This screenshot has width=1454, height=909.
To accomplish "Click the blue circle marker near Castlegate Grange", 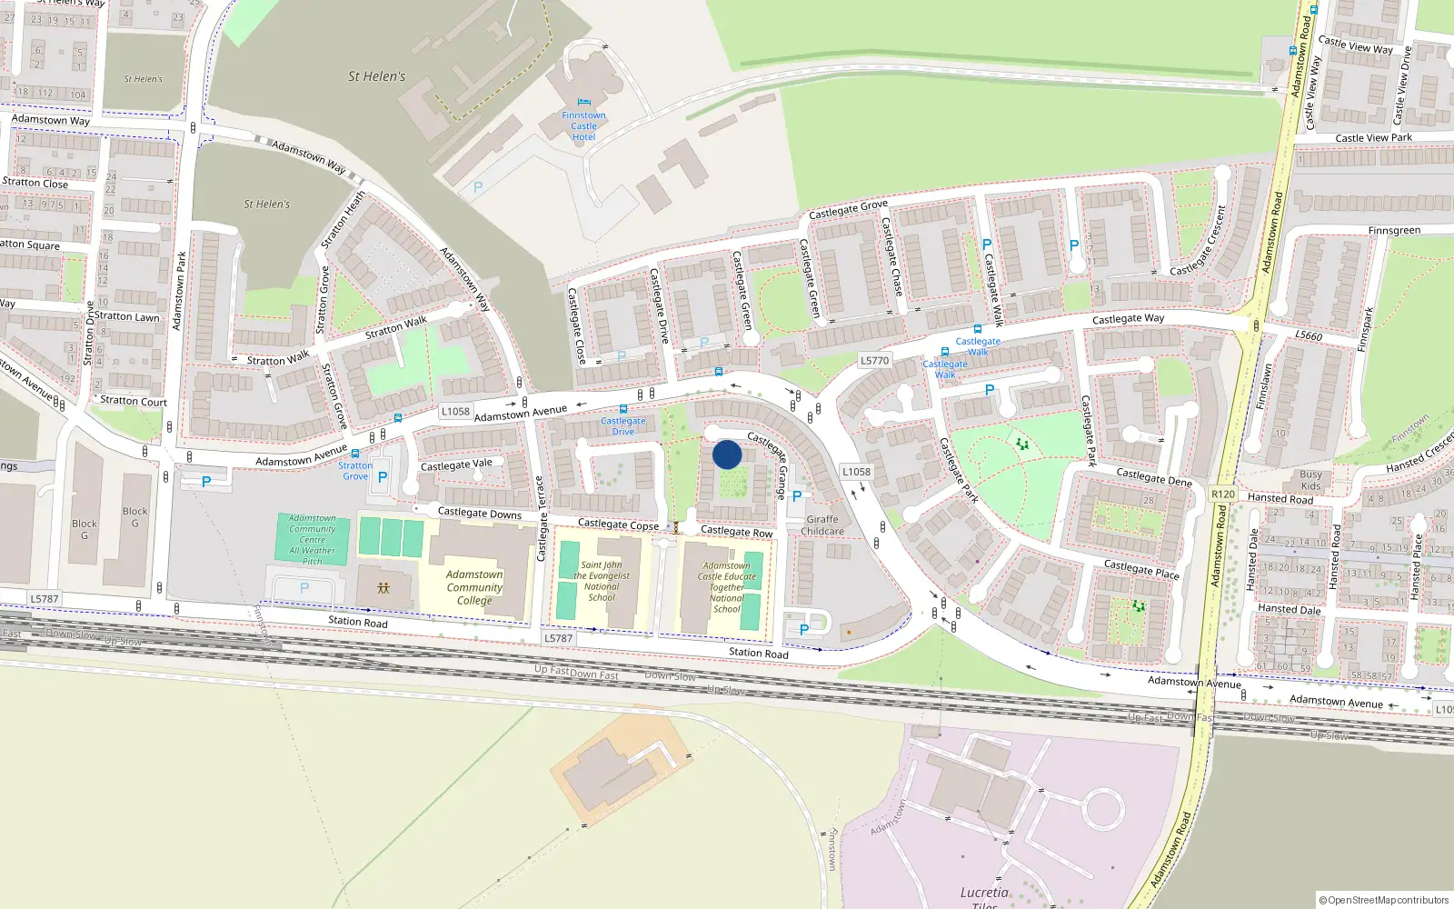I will tap(727, 454).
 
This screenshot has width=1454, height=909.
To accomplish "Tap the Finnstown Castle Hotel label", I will tap(583, 126).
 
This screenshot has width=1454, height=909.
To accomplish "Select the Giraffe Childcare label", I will tap(822, 525).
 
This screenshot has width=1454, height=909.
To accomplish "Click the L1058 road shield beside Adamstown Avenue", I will tap(455, 412).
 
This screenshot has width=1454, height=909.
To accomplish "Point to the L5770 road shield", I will tap(874, 361).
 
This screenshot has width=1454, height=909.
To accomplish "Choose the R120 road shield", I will tap(1223, 494).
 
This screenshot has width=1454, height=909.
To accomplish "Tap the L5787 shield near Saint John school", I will tap(558, 638).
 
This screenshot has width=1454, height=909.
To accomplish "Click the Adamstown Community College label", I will tap(474, 587).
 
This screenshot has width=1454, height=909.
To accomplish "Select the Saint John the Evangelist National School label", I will tap(602, 581).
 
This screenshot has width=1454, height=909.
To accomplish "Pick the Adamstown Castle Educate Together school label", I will tap(726, 587).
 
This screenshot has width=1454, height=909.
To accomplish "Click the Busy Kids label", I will tap(1310, 480).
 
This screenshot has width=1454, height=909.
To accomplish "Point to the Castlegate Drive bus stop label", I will tap(622, 425).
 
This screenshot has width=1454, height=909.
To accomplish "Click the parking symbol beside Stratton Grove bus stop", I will tap(383, 477).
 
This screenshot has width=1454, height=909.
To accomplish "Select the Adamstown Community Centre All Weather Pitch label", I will tap(312, 540).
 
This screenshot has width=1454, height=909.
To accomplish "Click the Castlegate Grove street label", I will tap(848, 209).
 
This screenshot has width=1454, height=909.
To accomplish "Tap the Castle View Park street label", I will tap(1373, 138).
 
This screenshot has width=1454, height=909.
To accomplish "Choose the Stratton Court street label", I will tap(134, 401).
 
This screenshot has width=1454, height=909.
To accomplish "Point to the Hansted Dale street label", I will tap(1289, 609).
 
